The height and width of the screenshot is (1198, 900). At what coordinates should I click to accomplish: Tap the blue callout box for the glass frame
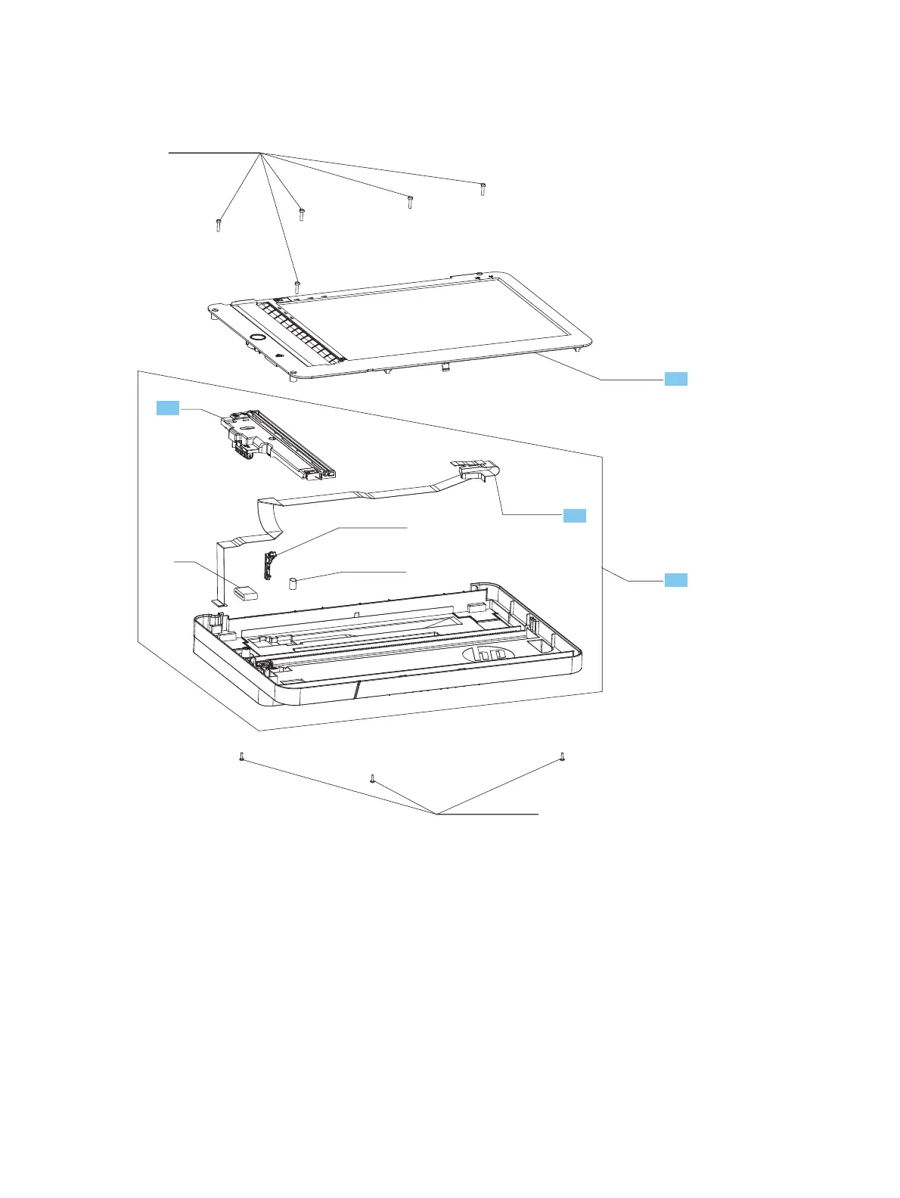tap(675, 379)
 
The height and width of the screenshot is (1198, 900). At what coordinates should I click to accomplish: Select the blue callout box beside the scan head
tap(168, 408)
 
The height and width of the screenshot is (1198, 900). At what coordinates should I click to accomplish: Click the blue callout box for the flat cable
tap(574, 516)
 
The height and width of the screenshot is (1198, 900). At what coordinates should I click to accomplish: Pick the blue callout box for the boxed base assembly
tap(675, 580)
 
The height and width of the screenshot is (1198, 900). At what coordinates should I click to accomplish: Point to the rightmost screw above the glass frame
tap(482, 188)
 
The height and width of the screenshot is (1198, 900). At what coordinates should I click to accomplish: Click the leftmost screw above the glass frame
tap(218, 225)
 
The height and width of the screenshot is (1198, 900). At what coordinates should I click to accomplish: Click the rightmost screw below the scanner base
tap(562, 756)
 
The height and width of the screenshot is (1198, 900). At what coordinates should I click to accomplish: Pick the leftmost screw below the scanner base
tap(241, 756)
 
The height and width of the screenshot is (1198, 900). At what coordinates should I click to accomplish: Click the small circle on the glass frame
tap(257, 336)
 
